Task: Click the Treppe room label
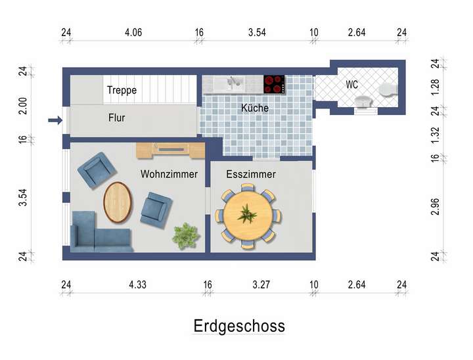[122, 90]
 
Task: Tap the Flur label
[116, 118]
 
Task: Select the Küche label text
[254, 108]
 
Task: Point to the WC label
[352, 85]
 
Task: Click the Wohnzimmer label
[169, 174]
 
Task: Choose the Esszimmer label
[250, 174]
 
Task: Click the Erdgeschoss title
[239, 326]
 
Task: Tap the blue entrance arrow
[55, 120]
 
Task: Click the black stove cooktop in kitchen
[274, 84]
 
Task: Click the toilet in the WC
[388, 89]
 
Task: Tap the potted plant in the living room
[186, 235]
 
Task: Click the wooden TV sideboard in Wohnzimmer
[170, 150]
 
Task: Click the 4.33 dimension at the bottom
[137, 284]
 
